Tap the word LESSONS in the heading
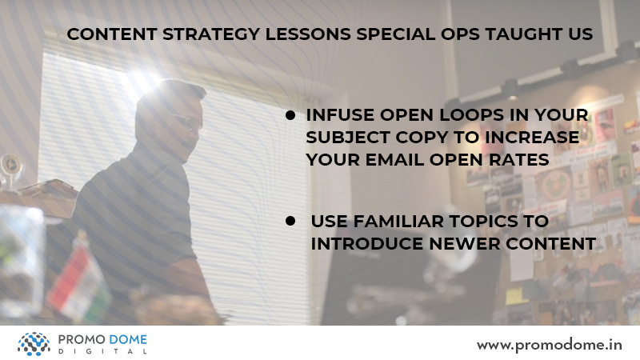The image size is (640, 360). click(308, 34)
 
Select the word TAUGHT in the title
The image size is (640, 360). click(523, 34)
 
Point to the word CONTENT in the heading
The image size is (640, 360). click(112, 34)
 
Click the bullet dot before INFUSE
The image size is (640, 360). click(290, 115)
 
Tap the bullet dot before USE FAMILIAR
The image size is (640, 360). click(290, 222)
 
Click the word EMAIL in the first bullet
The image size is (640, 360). click(394, 159)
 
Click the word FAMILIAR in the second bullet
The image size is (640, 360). click(398, 222)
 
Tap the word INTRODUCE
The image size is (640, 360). click(367, 244)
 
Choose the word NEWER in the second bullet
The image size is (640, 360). click(465, 244)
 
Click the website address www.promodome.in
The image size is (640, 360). click(550, 346)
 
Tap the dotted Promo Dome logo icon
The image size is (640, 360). click(34, 344)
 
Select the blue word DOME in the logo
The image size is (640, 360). click(128, 339)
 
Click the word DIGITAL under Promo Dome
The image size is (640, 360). click(102, 351)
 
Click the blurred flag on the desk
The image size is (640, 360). click(78, 282)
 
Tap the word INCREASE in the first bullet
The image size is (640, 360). click(532, 138)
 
